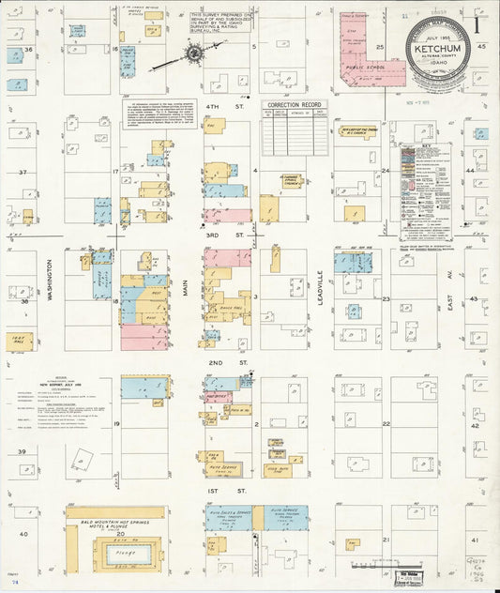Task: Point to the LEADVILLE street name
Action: [x=320, y=289]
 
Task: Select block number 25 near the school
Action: [x=380, y=46]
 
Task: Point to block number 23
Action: [x=386, y=297]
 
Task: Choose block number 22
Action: [x=386, y=424]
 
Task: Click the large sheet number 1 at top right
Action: [x=483, y=15]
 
